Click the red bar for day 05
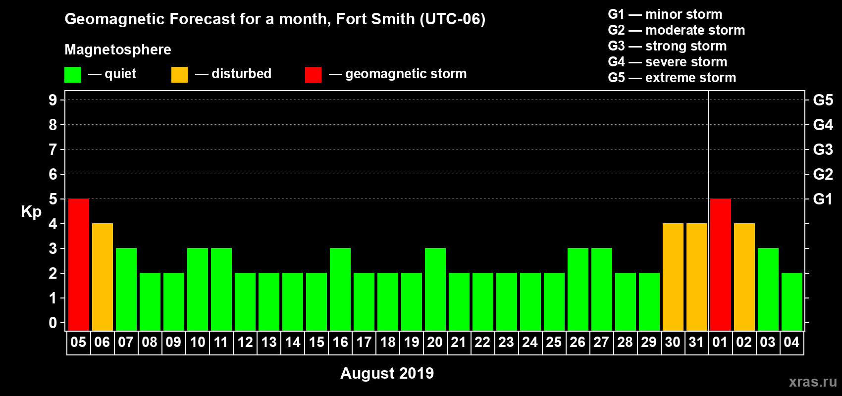point(79,264)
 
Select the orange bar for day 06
point(103,277)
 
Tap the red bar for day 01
point(721,264)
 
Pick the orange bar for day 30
point(673,277)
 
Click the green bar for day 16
point(340,289)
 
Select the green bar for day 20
point(435,289)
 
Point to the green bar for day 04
point(792,301)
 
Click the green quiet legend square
point(73,75)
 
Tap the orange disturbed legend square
point(179,75)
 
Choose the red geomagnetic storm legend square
point(313,75)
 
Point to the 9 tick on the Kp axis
point(53,100)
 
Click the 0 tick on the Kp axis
point(53,323)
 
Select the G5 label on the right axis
point(823,100)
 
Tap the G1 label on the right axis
point(823,199)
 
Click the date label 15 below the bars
point(316,342)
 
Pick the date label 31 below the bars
point(696,342)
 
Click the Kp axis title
point(31,211)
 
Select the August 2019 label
point(387,373)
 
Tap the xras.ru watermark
point(813,381)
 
